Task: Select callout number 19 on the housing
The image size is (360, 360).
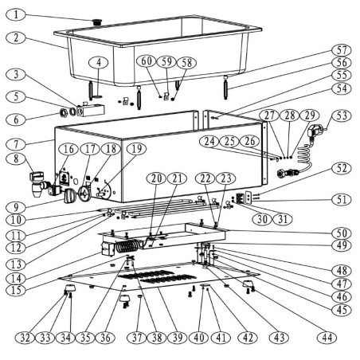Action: (x=137, y=148)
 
